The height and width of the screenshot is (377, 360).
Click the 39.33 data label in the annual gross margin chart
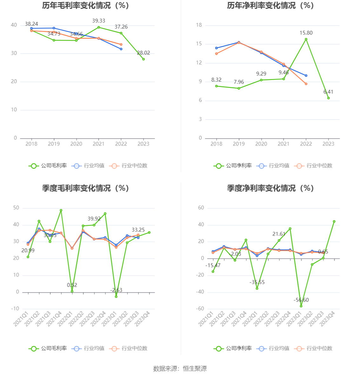[x=98, y=21]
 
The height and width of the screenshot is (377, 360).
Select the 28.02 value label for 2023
[x=143, y=53]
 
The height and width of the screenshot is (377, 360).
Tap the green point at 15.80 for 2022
[x=306, y=39]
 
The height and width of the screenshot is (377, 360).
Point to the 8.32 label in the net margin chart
[x=216, y=80]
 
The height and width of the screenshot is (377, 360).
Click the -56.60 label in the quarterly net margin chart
[x=301, y=300]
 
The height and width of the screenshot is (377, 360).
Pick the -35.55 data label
[x=257, y=282]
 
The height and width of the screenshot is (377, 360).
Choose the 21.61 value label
[x=279, y=234]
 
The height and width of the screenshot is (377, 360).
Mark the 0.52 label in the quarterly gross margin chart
[x=72, y=285]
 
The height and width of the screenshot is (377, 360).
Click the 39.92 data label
[x=94, y=219]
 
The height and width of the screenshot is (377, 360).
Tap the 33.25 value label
[x=138, y=230]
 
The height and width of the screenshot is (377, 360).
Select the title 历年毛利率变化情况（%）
[x=86, y=5]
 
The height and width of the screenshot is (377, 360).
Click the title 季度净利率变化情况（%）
[x=270, y=188]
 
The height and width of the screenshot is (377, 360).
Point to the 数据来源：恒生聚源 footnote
[x=180, y=368]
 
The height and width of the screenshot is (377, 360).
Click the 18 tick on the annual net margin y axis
[x=199, y=25]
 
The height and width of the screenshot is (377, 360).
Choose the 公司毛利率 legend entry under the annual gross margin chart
[x=48, y=166]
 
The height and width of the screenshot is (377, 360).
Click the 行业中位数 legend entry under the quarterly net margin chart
[x=314, y=348]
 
